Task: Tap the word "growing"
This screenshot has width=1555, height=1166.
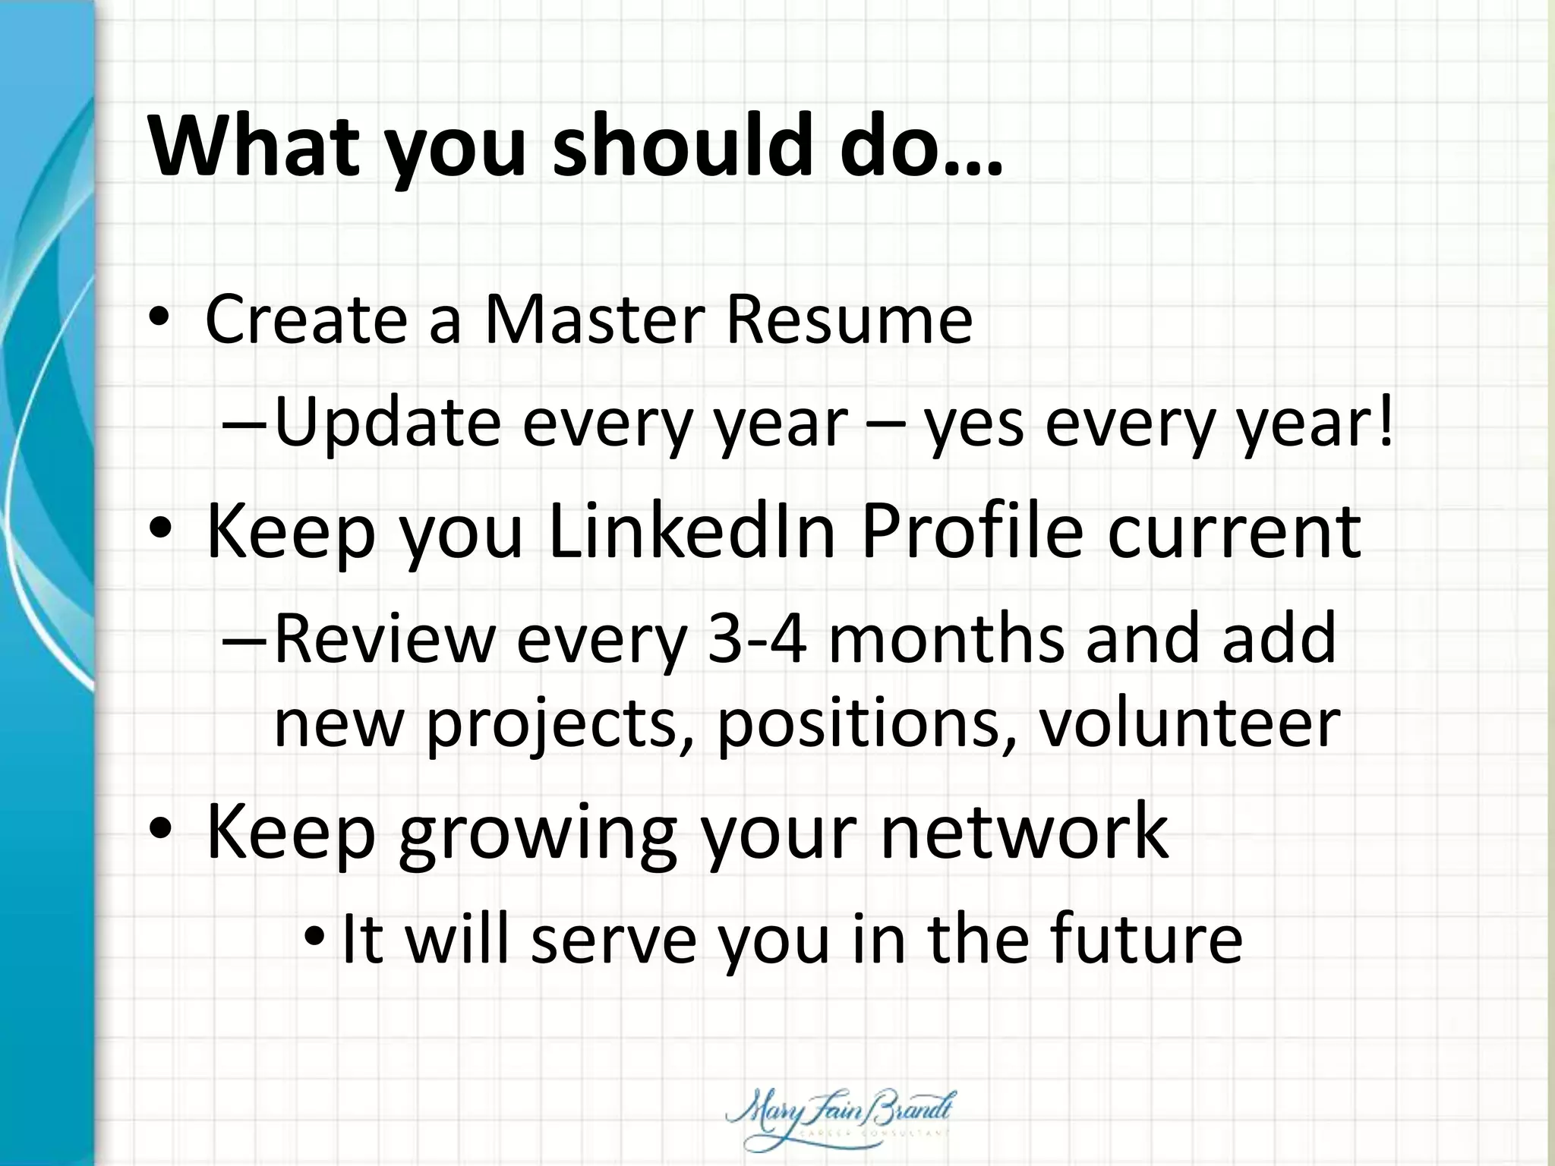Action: [x=537, y=834]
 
